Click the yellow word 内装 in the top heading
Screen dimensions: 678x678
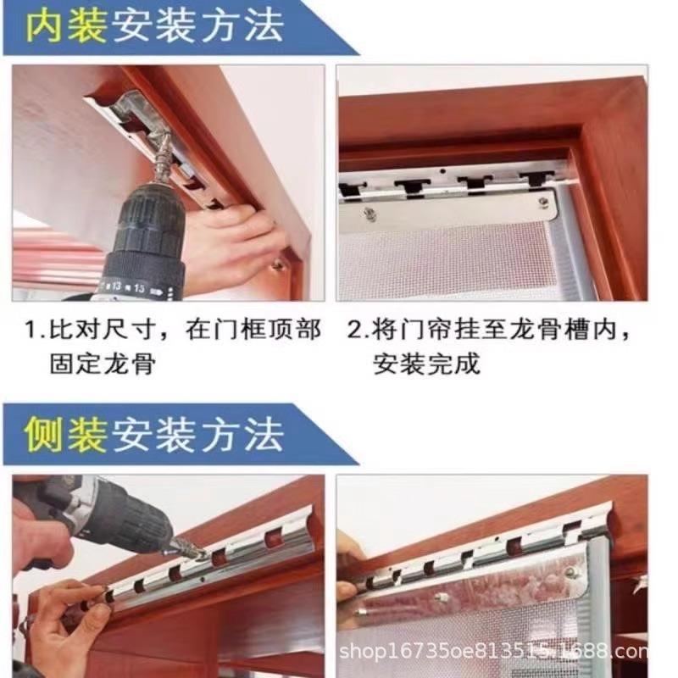66,26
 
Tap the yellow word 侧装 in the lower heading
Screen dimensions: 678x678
66,434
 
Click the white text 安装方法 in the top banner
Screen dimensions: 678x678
198,26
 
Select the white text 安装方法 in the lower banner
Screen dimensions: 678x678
198,434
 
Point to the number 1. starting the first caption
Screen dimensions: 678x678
35,330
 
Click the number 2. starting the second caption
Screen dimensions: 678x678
358,330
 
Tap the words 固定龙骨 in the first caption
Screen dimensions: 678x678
103,364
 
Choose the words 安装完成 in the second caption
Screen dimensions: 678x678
426,364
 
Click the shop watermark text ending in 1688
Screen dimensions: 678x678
493,651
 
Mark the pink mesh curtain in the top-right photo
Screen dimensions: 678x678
446,259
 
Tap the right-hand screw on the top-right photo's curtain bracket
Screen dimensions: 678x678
543,201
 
